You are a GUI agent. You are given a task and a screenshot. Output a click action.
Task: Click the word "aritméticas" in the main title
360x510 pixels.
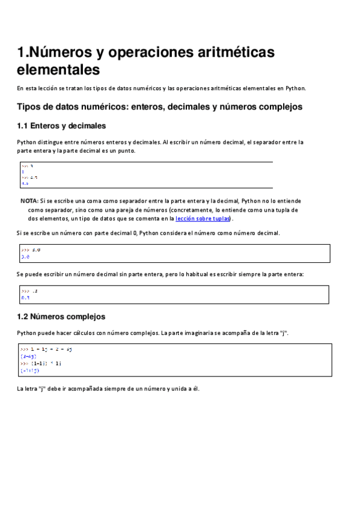228,52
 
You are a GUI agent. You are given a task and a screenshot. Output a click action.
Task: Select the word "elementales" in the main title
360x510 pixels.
58,70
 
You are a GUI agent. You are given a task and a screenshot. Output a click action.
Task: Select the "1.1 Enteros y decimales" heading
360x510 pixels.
62,126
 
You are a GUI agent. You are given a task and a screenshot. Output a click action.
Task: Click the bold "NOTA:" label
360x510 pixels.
29,201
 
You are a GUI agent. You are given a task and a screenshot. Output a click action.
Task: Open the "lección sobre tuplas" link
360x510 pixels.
203,219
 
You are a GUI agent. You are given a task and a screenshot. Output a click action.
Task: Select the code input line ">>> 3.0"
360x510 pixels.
31,250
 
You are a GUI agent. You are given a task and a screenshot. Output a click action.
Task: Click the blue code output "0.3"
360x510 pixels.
25,297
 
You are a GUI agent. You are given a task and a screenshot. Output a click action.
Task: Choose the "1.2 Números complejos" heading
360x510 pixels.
61,316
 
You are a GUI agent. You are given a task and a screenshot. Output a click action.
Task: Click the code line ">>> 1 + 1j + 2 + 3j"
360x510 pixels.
46,349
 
